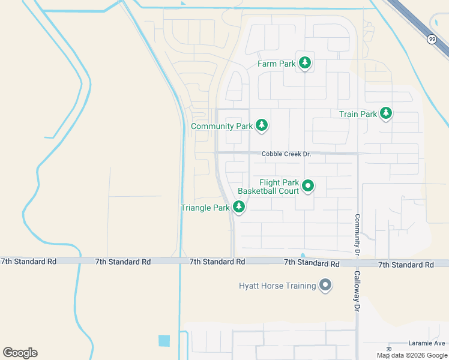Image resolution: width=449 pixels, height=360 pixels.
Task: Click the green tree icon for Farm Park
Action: click(x=305, y=62)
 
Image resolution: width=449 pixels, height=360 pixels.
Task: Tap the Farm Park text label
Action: click(x=277, y=64)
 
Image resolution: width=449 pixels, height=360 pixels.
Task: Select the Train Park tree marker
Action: click(x=385, y=113)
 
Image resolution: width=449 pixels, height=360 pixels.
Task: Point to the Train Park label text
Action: click(x=358, y=114)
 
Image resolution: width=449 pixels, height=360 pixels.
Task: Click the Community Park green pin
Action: click(x=261, y=125)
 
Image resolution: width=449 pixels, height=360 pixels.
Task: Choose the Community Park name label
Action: click(x=221, y=127)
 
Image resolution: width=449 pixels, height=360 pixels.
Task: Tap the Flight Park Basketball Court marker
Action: click(x=308, y=186)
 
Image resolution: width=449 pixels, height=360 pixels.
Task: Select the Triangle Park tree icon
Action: click(x=239, y=207)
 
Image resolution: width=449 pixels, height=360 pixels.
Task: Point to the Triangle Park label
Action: click(x=205, y=208)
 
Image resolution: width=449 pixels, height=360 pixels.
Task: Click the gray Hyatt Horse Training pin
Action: click(x=325, y=285)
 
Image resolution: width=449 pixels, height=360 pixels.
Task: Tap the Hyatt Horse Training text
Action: click(x=277, y=286)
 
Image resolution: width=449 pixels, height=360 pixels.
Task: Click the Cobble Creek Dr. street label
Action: click(x=286, y=154)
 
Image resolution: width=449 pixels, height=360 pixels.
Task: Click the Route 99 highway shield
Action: click(x=432, y=39)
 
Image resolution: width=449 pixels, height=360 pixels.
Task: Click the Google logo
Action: click(x=20, y=353)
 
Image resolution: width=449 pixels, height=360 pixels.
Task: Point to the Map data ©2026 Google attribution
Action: click(x=411, y=355)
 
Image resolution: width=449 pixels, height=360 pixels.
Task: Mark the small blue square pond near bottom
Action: click(x=164, y=340)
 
